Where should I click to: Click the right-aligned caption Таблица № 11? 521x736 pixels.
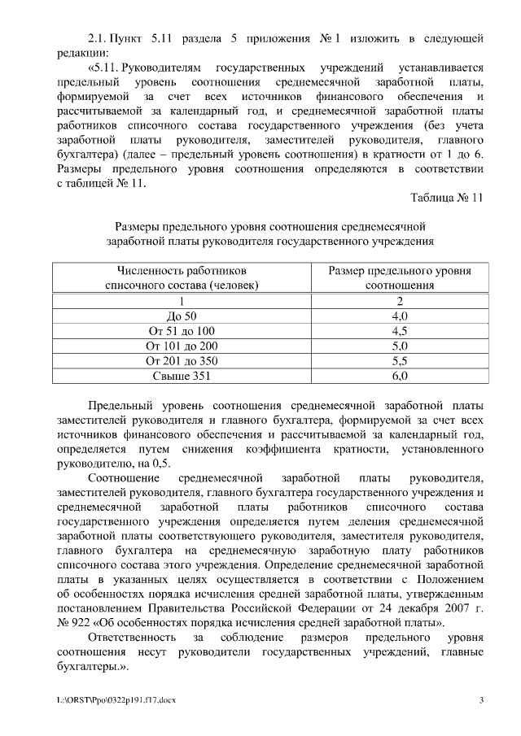point(447,198)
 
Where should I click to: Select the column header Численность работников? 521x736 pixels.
point(182,270)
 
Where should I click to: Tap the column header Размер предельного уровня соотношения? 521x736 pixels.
point(399,277)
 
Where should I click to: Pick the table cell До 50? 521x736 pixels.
point(182,315)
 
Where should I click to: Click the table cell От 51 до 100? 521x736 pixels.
point(182,330)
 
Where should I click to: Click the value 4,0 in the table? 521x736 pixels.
point(399,315)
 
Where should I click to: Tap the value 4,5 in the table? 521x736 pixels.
point(399,330)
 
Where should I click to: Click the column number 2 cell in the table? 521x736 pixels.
point(399,300)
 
